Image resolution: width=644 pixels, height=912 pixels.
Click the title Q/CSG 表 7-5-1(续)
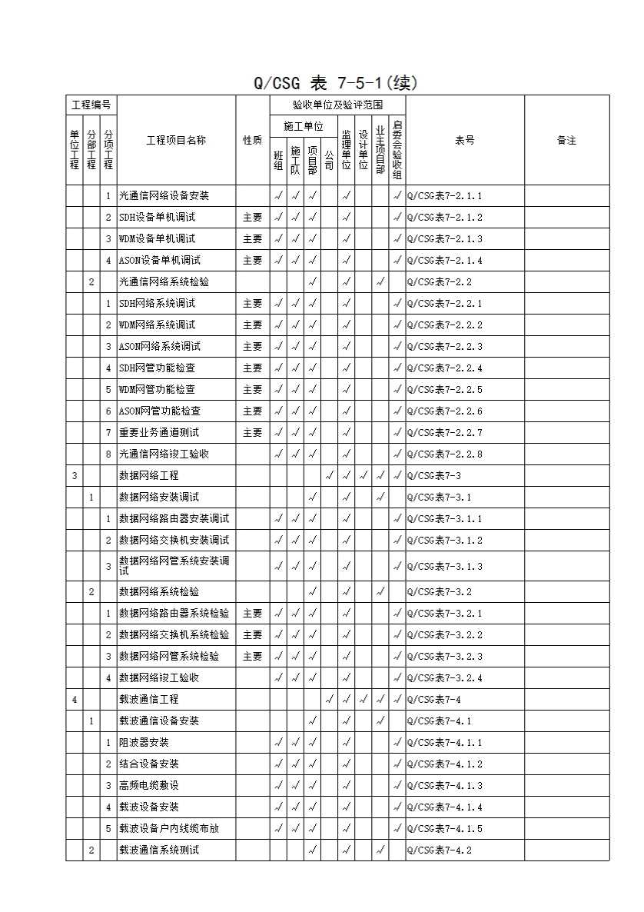point(336,83)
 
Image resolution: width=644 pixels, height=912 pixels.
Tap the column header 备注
point(566,140)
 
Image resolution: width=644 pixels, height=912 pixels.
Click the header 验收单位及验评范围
point(337,105)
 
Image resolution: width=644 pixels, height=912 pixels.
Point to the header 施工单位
point(304,125)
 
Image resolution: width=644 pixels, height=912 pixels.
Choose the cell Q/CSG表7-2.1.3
point(444,239)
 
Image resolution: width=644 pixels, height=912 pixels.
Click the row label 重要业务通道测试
point(158,433)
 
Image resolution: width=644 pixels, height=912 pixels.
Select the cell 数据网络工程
point(148,476)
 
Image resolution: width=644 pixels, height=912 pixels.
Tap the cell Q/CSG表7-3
point(433,476)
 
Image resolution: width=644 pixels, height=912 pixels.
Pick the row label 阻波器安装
point(144,743)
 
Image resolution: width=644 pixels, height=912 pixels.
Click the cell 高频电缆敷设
point(148,786)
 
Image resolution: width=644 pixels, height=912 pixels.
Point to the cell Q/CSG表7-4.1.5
point(444,829)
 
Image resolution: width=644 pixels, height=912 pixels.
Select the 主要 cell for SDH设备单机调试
point(252,218)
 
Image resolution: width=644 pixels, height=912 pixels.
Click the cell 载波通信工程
point(148,700)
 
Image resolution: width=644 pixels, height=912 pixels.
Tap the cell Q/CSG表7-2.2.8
point(444,454)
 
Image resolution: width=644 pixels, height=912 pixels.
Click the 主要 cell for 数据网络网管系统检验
point(252,657)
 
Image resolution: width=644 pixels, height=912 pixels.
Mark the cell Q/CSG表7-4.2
point(439,850)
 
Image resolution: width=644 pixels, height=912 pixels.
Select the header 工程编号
point(91,105)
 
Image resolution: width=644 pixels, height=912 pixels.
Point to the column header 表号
point(464,140)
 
